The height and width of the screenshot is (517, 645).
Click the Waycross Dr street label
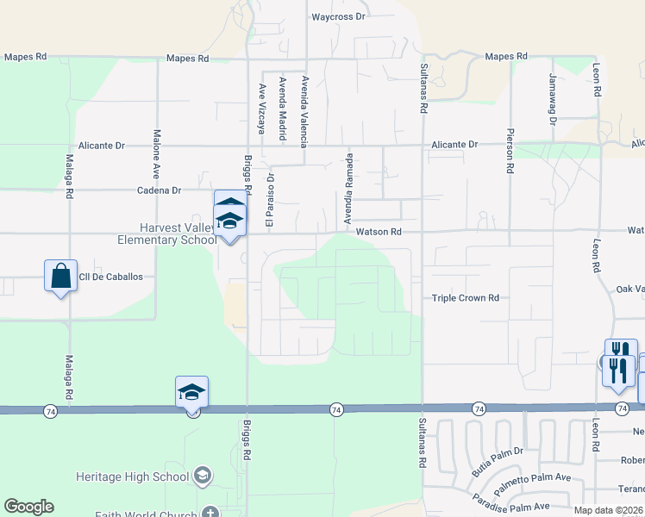coord(339,16)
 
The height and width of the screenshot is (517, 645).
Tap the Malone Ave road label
coord(157,149)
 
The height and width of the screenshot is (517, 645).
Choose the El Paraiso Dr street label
coord(269,201)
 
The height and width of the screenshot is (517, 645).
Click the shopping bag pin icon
coord(60,276)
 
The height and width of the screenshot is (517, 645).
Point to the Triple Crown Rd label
coord(466,298)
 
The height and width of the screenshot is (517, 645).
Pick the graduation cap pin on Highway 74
coord(191,392)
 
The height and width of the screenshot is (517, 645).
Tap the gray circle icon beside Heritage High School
coord(202,477)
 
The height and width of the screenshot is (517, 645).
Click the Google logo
coord(28,507)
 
